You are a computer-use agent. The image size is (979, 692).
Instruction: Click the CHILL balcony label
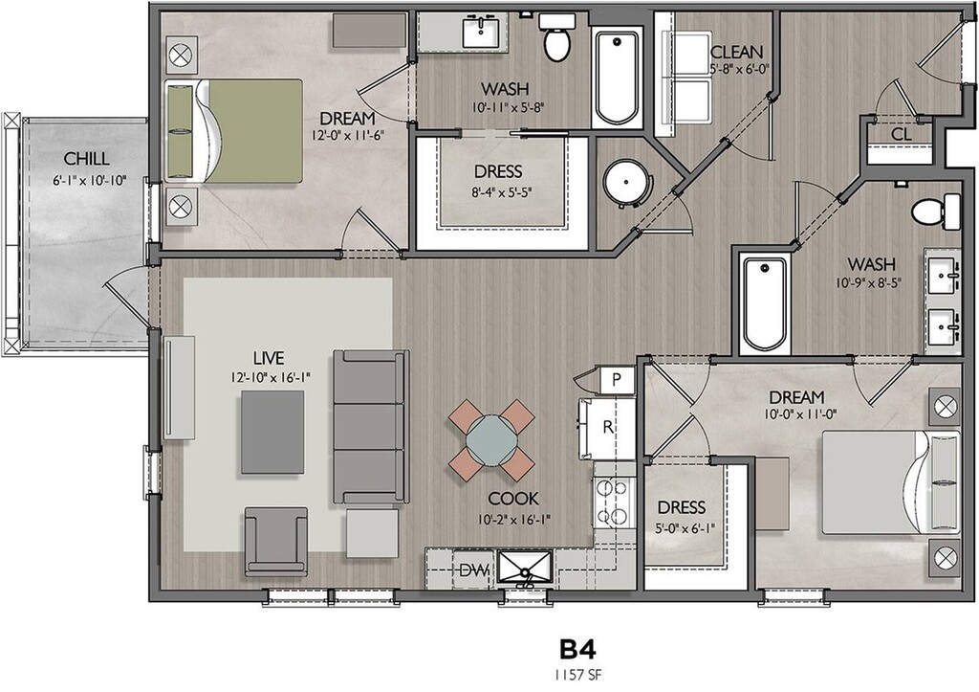tap(86, 159)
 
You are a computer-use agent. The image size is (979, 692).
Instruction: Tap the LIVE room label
tap(269, 358)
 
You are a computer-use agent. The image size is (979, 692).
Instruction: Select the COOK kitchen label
tap(513, 499)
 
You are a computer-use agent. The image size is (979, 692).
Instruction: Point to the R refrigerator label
tap(607, 428)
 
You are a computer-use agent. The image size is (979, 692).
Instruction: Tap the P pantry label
tap(617, 380)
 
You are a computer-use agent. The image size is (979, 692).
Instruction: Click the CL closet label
tap(901, 134)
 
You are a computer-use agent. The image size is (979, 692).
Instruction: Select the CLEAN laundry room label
tap(736, 52)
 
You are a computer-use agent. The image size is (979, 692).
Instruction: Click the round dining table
tap(491, 440)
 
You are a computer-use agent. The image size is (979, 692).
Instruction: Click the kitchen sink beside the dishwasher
tap(525, 569)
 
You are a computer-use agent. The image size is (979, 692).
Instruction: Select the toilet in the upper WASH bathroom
tap(557, 37)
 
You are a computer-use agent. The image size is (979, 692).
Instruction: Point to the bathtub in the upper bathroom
tap(617, 78)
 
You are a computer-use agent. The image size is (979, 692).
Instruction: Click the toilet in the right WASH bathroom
tap(935, 211)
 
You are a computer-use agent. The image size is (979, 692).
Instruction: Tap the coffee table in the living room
tap(272, 433)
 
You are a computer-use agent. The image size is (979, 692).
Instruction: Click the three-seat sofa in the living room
tap(371, 428)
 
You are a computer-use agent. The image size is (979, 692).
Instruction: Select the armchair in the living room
tap(276, 542)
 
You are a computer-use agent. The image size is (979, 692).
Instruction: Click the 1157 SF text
tap(577, 675)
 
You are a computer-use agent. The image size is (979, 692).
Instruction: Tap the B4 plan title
tap(577, 650)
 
